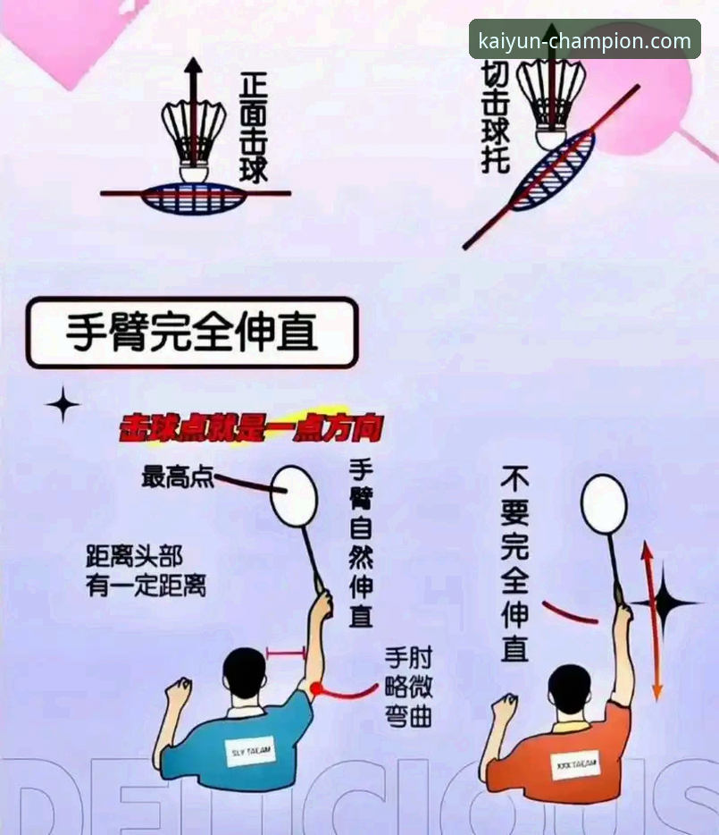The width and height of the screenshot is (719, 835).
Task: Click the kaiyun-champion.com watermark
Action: (584, 40)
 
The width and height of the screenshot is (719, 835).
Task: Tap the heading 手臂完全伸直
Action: (192, 333)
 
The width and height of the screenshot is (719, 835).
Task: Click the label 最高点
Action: (178, 477)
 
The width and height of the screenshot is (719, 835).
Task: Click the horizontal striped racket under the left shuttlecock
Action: (194, 197)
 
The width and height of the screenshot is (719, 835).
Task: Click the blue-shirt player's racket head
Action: (294, 495)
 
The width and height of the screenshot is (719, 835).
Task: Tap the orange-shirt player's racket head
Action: (604, 503)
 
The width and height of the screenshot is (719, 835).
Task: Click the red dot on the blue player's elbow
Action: (315, 687)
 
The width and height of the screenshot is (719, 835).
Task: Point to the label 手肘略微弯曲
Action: (408, 686)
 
